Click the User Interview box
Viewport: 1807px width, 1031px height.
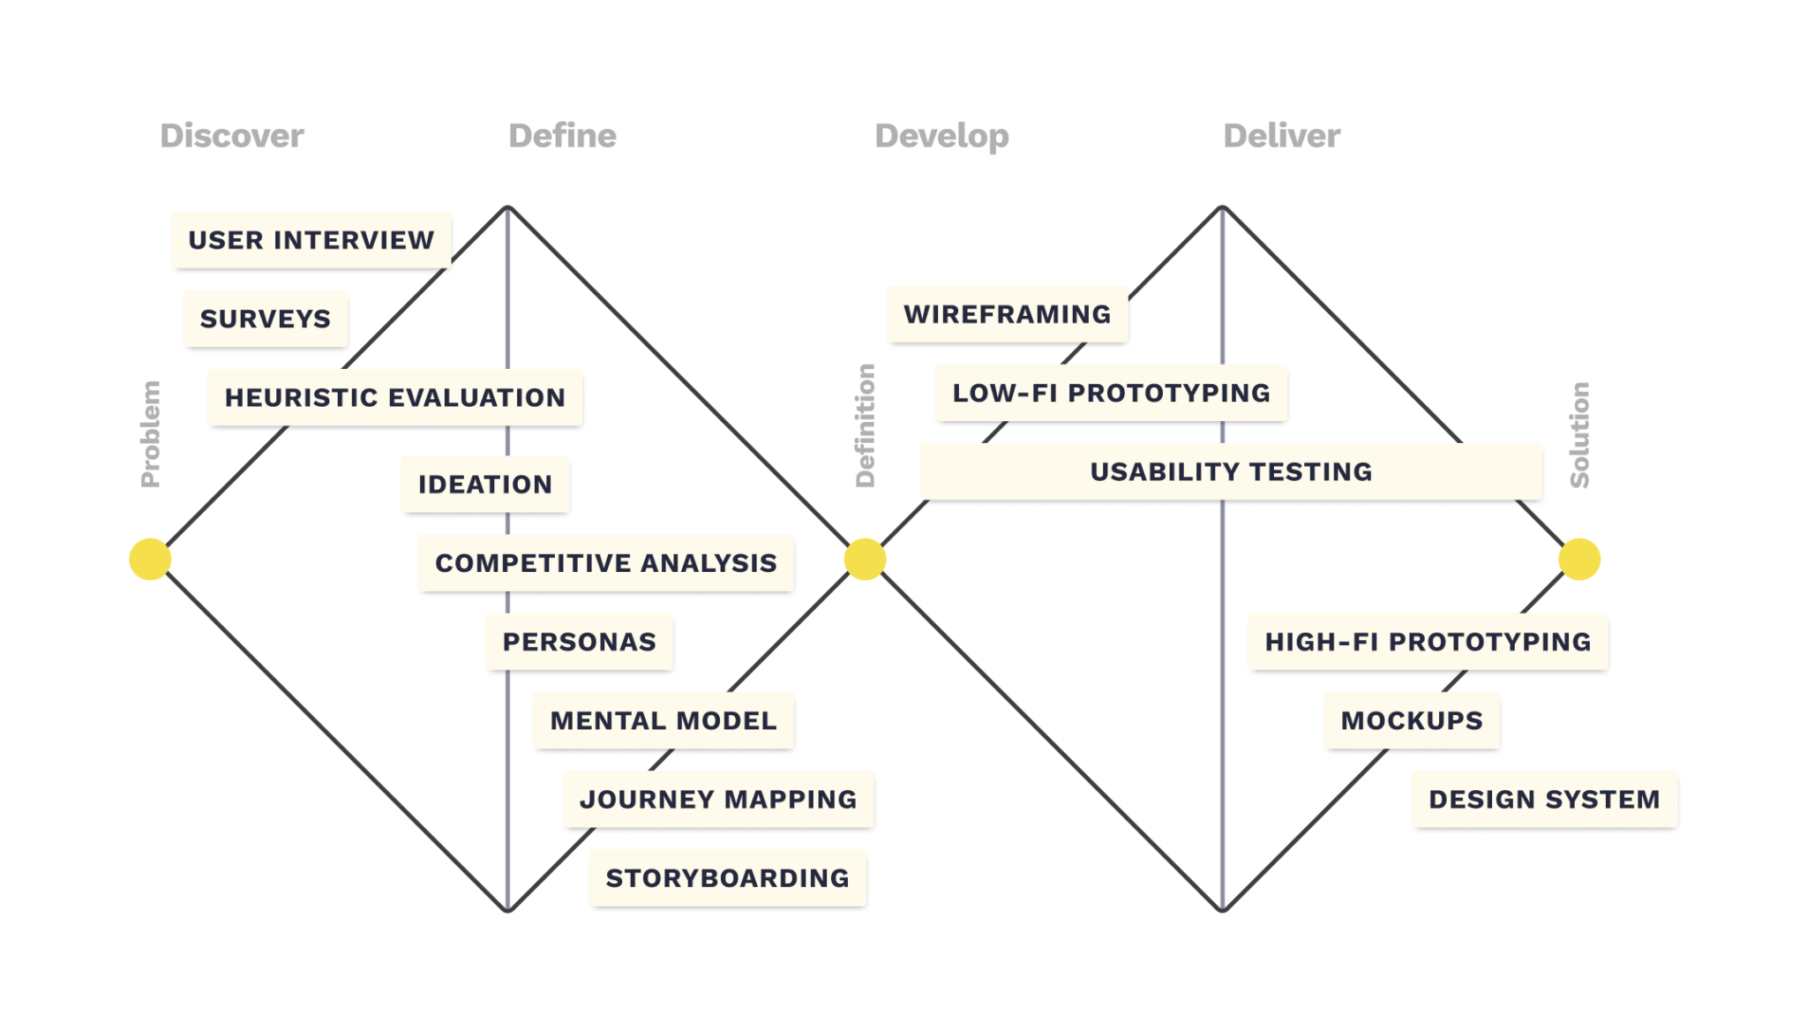tap(311, 240)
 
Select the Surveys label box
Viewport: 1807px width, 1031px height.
tap(265, 319)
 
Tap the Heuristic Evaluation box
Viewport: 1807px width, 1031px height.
tap(394, 397)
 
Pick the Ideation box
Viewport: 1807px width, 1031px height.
tap(484, 484)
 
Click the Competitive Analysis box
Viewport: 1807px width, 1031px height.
tap(605, 562)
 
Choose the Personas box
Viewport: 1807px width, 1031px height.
tap(579, 642)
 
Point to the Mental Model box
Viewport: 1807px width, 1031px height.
tap(664, 720)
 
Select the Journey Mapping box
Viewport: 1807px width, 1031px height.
tap(717, 799)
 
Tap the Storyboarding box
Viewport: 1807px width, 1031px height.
tap(727, 877)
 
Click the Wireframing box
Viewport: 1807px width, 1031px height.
tap(1007, 314)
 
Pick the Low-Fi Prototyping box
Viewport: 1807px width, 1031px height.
tap(1111, 393)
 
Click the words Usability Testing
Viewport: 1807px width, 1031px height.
tap(1231, 471)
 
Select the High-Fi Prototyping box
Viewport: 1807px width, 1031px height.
tap(1428, 642)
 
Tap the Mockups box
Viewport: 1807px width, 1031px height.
tap(1411, 720)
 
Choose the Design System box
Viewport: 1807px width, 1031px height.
tap(1544, 799)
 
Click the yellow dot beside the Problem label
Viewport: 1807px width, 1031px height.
tap(150, 559)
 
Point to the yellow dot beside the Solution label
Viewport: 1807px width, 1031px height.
tap(1579, 559)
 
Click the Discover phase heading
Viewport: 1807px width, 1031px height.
tap(232, 136)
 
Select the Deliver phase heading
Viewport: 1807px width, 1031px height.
tap(1282, 136)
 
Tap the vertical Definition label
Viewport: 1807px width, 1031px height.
tap(866, 425)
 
